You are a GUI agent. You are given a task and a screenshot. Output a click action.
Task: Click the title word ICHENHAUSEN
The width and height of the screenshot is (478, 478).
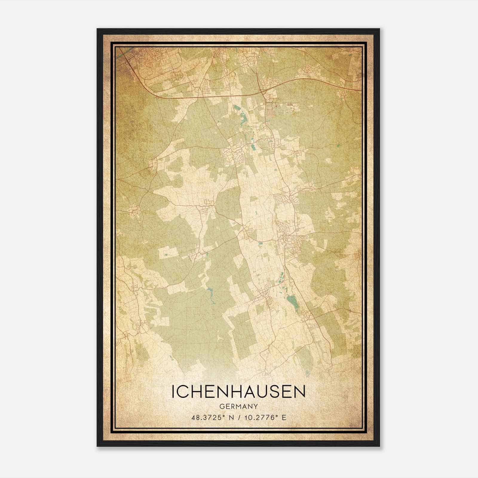pos(238,392)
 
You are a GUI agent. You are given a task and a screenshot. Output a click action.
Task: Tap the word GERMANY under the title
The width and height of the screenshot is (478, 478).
pos(238,406)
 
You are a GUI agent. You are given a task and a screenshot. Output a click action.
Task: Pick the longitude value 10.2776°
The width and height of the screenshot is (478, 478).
pos(259,417)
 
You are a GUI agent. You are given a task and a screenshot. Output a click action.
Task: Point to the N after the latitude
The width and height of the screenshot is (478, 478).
pos(232,417)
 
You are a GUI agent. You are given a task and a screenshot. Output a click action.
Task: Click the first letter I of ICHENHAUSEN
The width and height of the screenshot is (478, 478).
pos(173,392)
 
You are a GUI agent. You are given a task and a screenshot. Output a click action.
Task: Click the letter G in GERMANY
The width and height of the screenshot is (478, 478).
pos(221,406)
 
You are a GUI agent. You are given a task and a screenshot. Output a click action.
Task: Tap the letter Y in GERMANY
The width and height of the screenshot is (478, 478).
pos(256,406)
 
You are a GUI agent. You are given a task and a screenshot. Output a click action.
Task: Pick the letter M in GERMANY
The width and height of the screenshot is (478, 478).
pos(238,406)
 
